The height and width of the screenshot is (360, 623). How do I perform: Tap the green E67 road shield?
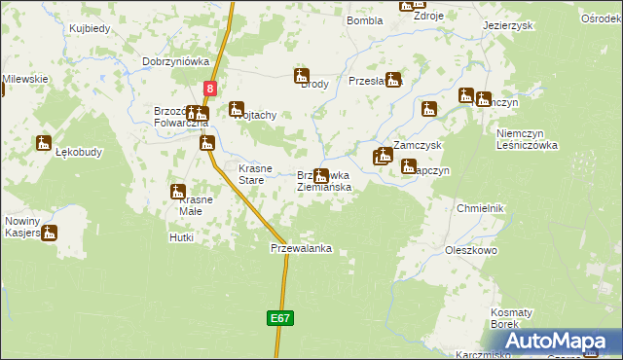[278, 318]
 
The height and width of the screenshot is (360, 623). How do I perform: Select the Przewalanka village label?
[301, 248]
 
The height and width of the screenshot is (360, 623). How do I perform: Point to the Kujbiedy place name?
[90, 29]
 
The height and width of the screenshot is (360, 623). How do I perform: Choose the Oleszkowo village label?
[472, 250]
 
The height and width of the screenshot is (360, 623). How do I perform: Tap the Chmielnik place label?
[480, 208]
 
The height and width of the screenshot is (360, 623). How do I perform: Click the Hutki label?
[181, 236]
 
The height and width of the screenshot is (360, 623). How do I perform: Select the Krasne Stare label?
[252, 173]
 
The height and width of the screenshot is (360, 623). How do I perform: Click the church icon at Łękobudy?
[43, 143]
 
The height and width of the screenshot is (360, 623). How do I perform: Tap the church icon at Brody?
[302, 76]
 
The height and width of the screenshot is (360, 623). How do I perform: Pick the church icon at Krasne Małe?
[178, 191]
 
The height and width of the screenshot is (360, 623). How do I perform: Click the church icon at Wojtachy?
[237, 109]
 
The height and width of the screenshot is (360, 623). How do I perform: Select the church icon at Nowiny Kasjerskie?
[49, 233]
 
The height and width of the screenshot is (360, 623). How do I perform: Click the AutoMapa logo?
[560, 341]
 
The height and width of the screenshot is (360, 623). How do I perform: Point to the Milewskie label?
[25, 79]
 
